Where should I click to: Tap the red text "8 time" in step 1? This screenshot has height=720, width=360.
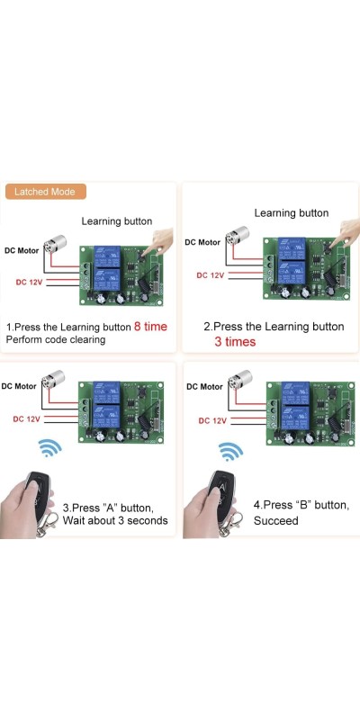(x=150, y=327)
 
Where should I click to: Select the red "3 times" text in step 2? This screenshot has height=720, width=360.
(x=235, y=342)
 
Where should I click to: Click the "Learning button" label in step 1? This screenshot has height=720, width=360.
(x=117, y=221)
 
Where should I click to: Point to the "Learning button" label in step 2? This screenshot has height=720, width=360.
(x=292, y=213)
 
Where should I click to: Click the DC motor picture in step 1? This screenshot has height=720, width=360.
(x=55, y=243)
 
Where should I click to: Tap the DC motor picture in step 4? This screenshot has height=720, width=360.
(x=239, y=380)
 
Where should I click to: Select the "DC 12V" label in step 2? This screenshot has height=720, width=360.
(x=211, y=275)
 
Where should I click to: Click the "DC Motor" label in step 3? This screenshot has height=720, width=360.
(x=19, y=386)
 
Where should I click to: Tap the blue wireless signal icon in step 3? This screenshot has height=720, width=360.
(x=50, y=447)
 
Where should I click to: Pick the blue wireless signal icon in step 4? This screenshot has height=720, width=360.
(x=230, y=452)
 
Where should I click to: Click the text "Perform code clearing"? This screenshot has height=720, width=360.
(x=56, y=340)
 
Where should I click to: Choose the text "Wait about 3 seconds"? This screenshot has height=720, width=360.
(x=115, y=521)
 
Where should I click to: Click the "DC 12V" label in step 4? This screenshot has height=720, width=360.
(x=212, y=420)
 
